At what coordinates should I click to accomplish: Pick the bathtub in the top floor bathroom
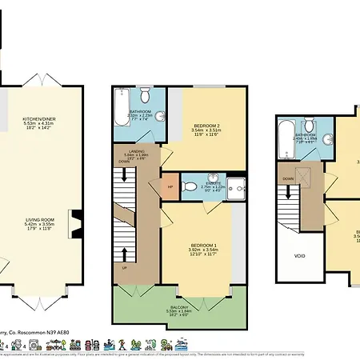pos(286,140)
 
